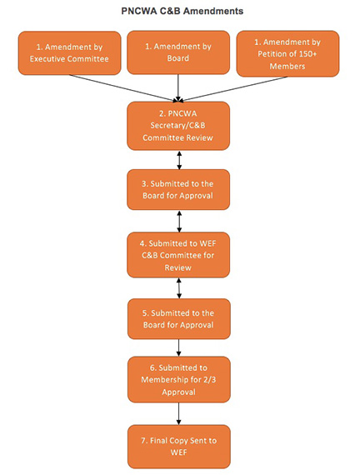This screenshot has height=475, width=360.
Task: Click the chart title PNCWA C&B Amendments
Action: pos(182,11)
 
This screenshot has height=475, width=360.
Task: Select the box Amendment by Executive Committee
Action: pos(69,53)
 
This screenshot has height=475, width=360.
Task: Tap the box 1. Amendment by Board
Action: pos(178,52)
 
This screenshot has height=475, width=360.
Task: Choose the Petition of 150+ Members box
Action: pos(287,53)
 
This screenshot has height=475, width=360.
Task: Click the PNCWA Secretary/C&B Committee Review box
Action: pos(178,126)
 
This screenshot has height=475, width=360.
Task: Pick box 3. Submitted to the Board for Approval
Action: pos(178,190)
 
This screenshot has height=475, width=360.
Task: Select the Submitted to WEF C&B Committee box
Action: pos(178,255)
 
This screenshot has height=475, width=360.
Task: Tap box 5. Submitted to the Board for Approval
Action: pos(179,318)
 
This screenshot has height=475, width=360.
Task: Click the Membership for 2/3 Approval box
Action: pos(179,379)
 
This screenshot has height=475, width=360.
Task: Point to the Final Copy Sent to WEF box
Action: pos(179,447)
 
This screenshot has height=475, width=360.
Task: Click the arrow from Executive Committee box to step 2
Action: pos(123,87)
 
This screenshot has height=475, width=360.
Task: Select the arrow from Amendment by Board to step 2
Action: pos(178,87)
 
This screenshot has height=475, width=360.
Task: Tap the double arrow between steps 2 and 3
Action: pos(179,160)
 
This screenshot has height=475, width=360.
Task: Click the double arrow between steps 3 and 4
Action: pos(179,221)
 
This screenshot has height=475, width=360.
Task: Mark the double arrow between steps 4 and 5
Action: pos(179,288)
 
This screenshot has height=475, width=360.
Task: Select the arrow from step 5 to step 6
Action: pos(178,347)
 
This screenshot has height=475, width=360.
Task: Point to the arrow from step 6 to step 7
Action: pos(178,414)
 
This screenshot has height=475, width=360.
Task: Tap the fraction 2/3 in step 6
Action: pos(210,379)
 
